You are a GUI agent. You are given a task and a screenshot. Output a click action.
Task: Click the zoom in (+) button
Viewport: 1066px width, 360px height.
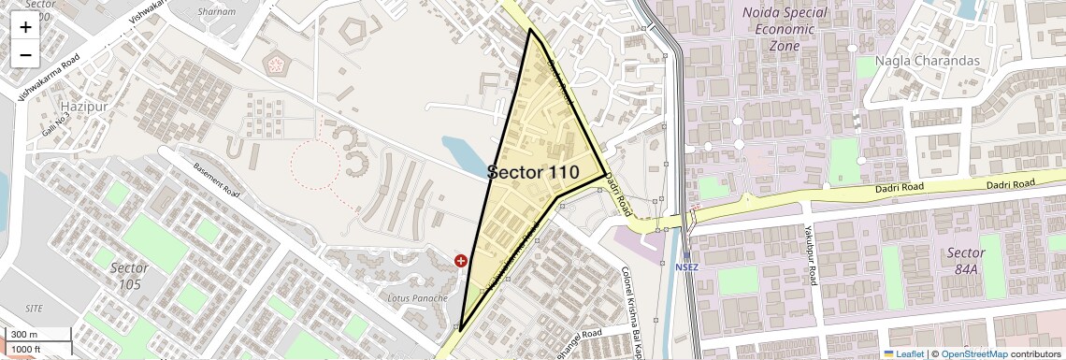click(x=25, y=27)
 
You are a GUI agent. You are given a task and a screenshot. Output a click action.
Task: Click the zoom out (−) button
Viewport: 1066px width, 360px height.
click(x=25, y=54)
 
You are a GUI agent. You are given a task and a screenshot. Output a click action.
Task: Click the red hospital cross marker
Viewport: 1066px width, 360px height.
click(x=461, y=261)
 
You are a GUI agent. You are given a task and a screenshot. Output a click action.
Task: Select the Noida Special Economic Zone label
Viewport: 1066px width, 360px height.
click(x=785, y=28)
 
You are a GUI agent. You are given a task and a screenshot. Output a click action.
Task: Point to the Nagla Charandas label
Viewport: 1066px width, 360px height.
click(x=927, y=61)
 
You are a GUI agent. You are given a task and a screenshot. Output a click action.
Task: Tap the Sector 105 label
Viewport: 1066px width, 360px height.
click(x=129, y=276)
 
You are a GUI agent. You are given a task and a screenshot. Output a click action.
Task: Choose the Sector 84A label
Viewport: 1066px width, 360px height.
click(x=965, y=261)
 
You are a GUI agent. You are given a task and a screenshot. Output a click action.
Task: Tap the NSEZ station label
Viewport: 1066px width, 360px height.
click(x=687, y=266)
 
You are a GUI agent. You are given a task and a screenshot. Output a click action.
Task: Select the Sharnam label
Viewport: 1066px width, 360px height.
click(x=218, y=11)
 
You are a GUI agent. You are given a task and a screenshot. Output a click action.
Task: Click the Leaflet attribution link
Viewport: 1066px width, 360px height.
click(x=904, y=353)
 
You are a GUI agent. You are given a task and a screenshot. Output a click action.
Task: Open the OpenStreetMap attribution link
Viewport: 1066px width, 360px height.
click(x=973, y=353)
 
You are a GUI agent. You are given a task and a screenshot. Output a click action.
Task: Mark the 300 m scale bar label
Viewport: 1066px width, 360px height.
click(x=24, y=335)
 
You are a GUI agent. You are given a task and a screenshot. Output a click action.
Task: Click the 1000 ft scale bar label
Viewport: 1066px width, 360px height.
click(x=27, y=349)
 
